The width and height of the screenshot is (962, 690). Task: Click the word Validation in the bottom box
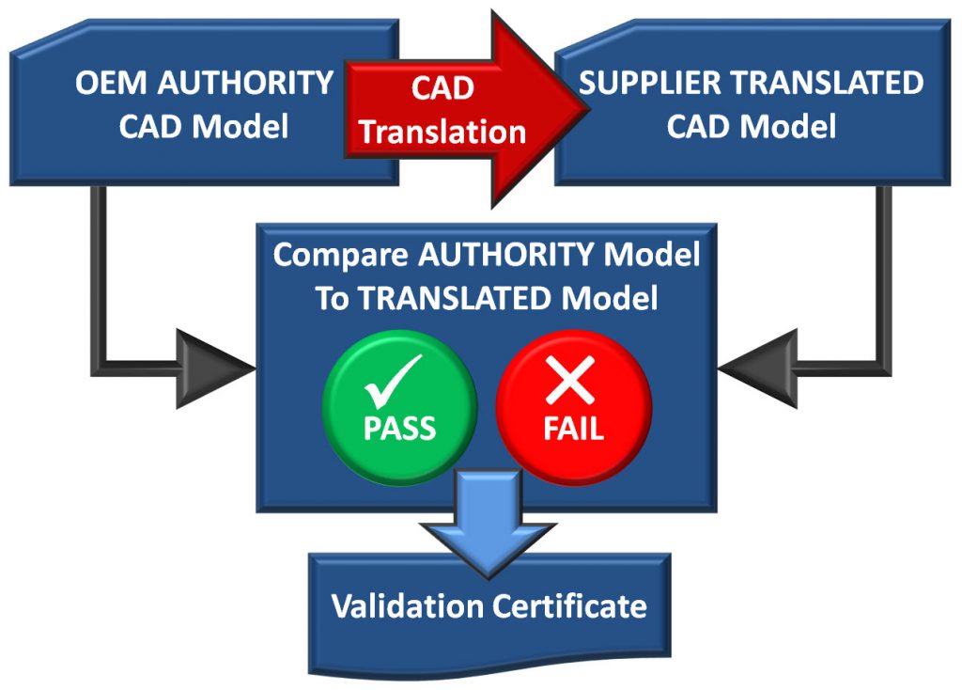[x=407, y=605]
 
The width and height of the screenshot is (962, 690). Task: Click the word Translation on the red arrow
[x=442, y=132]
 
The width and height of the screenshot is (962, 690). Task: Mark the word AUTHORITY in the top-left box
[x=246, y=83]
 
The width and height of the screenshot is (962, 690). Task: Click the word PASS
[x=400, y=429]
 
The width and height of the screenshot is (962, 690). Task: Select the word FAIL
[x=572, y=429]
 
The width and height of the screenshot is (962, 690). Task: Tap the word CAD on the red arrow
[x=442, y=88]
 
